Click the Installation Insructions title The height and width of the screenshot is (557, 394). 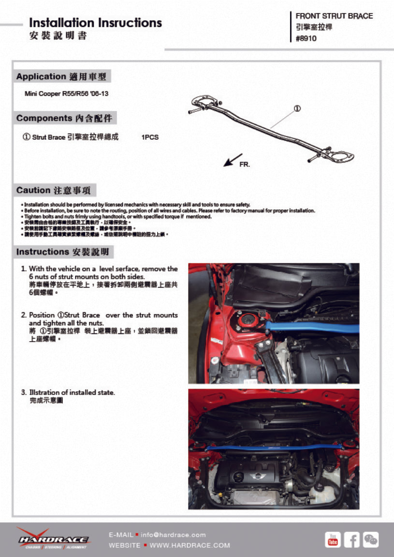tap(95, 23)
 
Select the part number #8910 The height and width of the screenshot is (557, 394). tap(306, 39)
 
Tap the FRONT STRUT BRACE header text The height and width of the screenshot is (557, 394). tap(334, 16)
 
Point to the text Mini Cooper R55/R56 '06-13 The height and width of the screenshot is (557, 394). tap(66, 93)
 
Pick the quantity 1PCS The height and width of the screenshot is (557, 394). tap(150, 137)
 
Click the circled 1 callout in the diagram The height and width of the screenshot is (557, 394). tap(297, 108)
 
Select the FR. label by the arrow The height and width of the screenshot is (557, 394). tap(245, 165)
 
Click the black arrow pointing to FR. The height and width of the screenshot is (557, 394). tap(233, 160)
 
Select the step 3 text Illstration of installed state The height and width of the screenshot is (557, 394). tap(72, 392)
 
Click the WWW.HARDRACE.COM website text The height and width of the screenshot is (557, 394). tap(190, 545)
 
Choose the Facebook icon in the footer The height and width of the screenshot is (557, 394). tap(351, 540)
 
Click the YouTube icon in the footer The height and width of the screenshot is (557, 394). tap(333, 540)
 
